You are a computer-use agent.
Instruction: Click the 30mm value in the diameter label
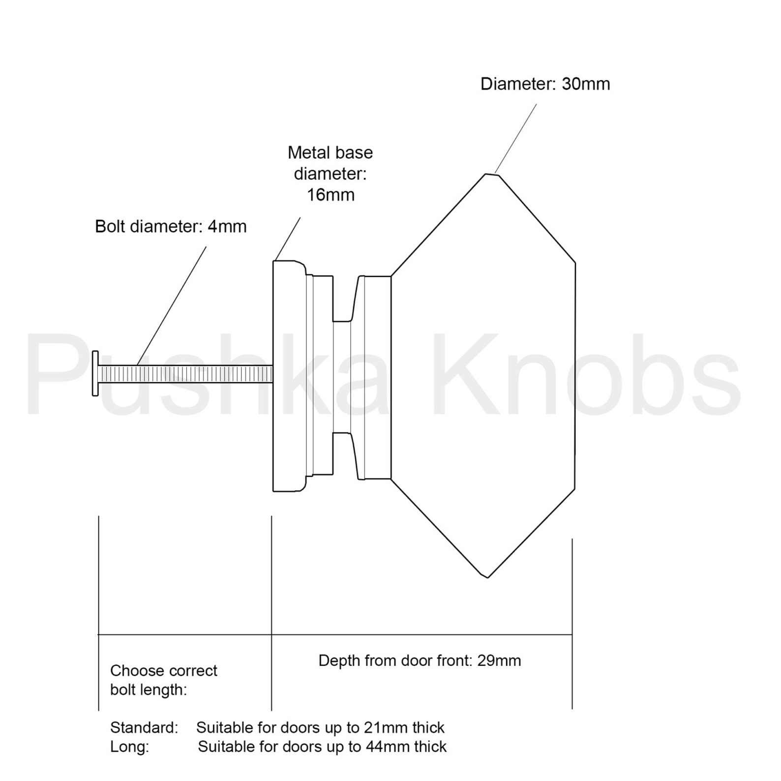[x=586, y=84]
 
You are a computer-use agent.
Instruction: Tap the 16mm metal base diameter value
[x=330, y=195]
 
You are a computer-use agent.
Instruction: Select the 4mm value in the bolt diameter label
[x=227, y=227]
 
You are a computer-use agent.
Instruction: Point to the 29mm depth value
[x=499, y=661]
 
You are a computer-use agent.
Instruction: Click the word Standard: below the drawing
[x=144, y=727]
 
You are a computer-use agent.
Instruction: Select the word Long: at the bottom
[x=129, y=747]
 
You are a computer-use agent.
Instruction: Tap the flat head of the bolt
[x=95, y=373]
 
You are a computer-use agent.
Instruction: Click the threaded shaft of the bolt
[x=187, y=374]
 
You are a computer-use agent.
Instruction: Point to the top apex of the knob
[x=490, y=174]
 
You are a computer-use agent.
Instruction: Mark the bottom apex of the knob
[x=487, y=576]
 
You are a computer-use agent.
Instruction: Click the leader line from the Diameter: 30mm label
[x=515, y=139]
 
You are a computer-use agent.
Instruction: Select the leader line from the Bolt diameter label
[x=172, y=305]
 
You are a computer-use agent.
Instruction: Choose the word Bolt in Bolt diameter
[x=110, y=227]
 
